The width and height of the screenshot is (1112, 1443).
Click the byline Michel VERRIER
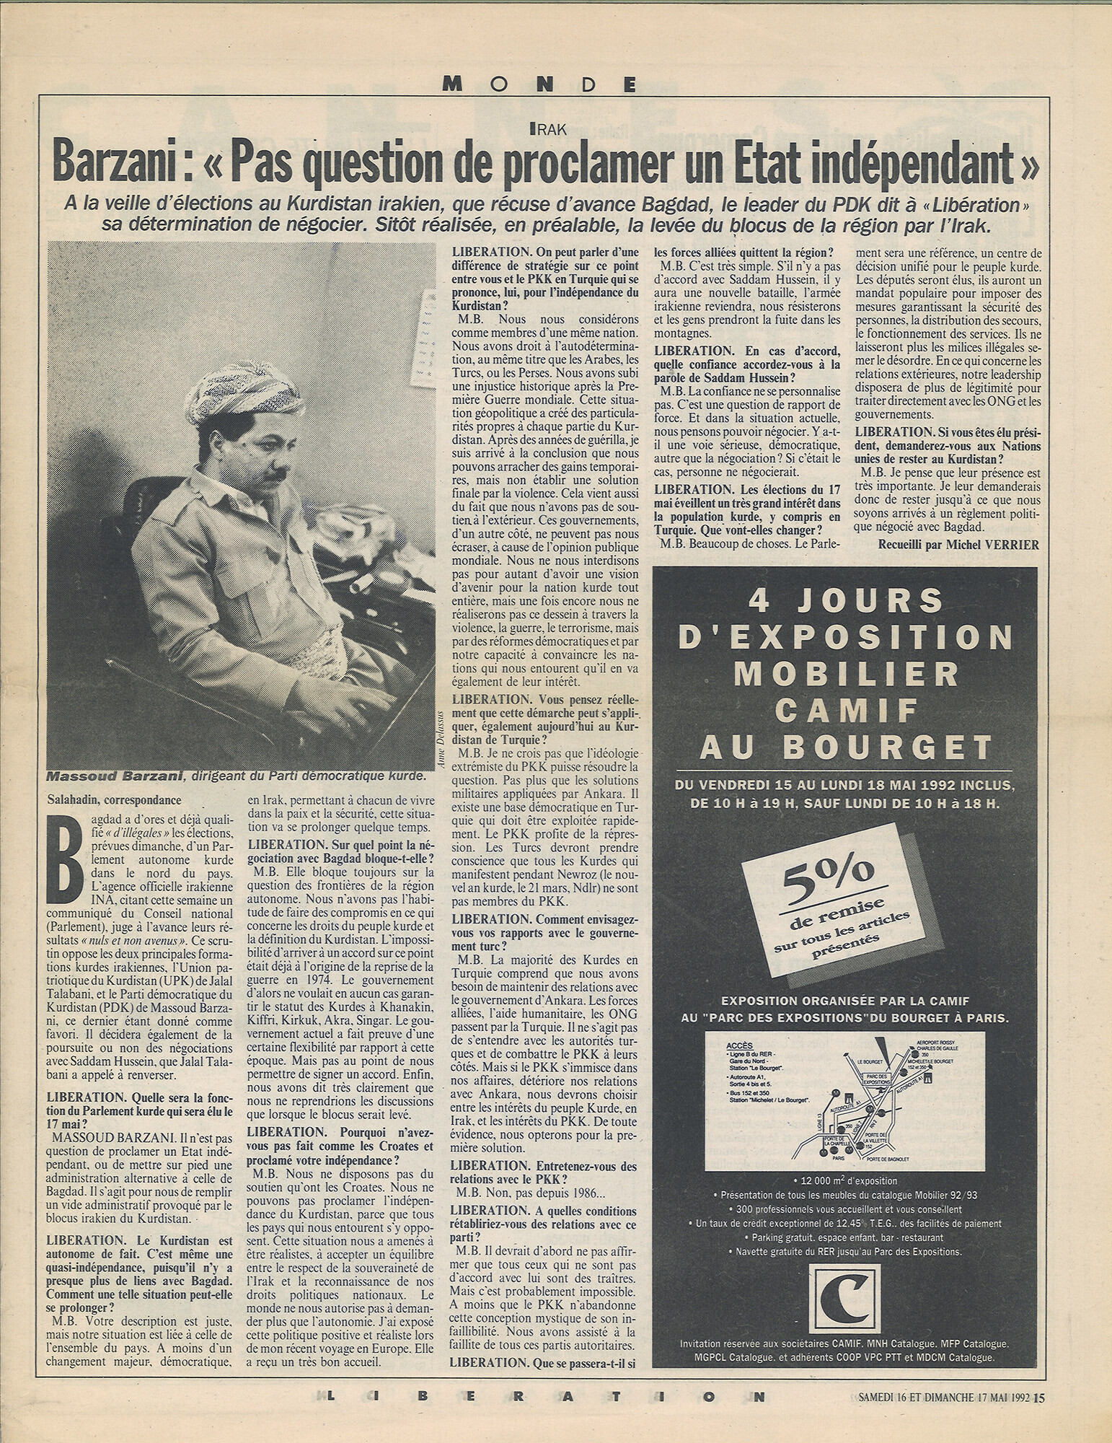coord(994,545)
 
